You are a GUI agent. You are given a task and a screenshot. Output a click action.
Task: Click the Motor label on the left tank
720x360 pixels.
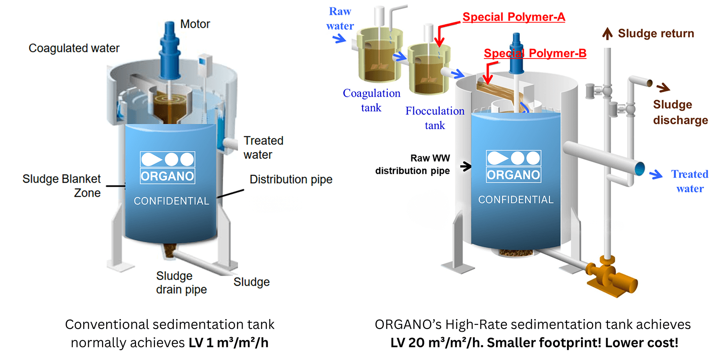195,24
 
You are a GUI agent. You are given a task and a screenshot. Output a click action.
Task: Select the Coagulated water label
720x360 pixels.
74,48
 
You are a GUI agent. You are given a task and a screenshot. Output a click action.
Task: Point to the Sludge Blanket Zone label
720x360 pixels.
62,185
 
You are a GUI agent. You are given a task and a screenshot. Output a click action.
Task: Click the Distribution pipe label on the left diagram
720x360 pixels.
291,179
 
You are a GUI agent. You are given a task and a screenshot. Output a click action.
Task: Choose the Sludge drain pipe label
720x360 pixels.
181,282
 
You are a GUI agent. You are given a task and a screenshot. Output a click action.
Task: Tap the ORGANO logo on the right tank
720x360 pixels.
513,166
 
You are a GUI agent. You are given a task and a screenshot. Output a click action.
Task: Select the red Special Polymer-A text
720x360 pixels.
513,17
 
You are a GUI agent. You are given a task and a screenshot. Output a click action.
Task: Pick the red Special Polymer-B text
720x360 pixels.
535,53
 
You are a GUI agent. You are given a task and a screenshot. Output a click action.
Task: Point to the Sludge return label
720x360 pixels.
656,33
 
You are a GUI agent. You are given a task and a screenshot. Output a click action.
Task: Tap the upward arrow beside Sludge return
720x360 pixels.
607,33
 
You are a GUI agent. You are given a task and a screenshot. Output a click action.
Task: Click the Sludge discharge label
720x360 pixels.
680,112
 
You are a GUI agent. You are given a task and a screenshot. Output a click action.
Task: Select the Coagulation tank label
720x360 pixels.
371,100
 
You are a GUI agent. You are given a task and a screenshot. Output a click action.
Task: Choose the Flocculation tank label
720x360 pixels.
435,118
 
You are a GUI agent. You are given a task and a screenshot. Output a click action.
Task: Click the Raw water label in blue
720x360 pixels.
340,18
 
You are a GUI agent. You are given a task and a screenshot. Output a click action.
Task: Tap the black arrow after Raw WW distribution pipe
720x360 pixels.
466,166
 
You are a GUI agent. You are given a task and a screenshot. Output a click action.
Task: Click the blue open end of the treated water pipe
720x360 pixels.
639,169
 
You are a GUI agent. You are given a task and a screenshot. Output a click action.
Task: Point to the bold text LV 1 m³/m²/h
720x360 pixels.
228,343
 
